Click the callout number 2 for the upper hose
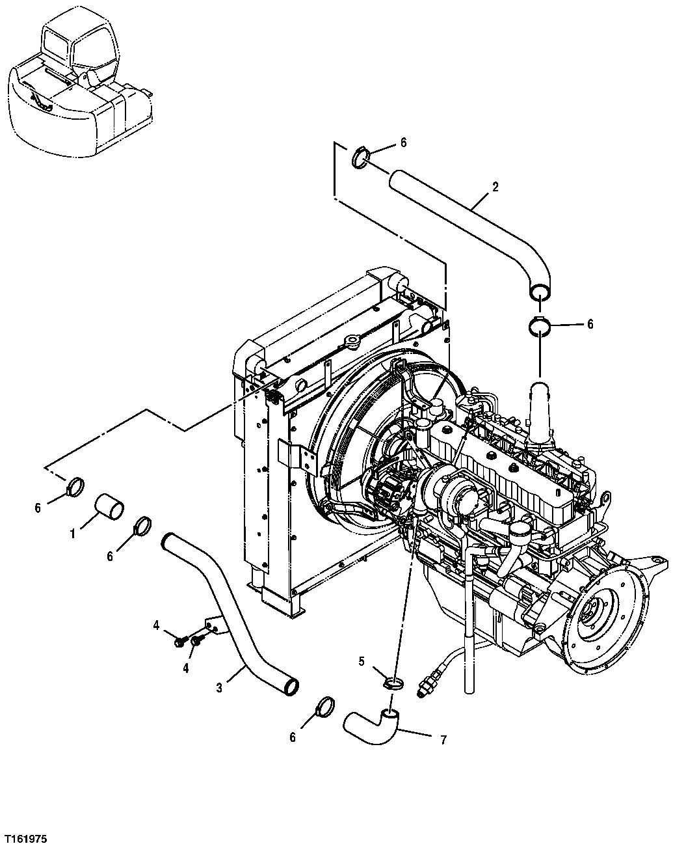[495, 187]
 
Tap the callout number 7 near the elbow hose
[443, 739]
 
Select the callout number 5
[362, 662]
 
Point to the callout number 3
[219, 687]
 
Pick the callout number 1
[73, 534]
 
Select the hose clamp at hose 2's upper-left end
[362, 157]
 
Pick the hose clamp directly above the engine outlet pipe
[540, 326]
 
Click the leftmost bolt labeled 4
[178, 642]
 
